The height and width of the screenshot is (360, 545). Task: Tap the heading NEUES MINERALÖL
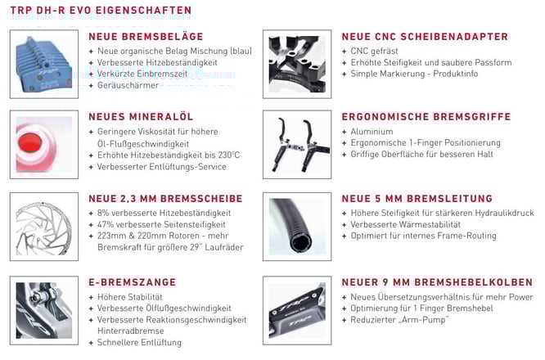point(135,117)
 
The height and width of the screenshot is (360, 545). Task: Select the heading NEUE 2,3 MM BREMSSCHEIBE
point(165,199)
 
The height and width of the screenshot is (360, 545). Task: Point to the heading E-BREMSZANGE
point(132,282)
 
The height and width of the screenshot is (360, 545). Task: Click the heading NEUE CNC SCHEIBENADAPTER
point(425,37)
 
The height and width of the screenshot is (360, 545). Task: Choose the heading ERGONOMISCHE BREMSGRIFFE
point(426,117)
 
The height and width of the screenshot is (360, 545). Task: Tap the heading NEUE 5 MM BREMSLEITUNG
point(417,199)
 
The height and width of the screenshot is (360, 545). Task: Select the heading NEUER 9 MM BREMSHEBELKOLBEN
point(437,282)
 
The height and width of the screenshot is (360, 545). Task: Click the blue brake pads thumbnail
point(44,63)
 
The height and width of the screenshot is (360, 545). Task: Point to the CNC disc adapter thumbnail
point(297,63)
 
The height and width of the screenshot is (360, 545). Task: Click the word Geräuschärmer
point(128,85)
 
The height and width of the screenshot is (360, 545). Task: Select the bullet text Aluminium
point(371,131)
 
